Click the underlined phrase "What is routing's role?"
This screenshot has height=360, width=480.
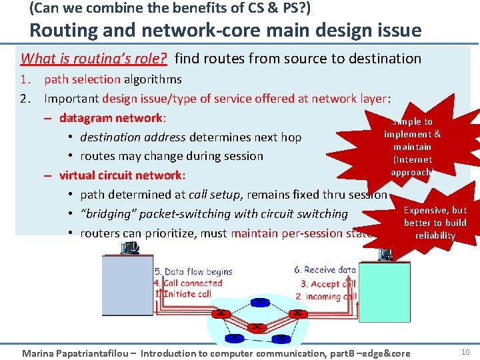(94, 58)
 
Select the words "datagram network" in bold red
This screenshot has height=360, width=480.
(111, 118)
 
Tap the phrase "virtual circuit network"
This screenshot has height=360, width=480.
(121, 175)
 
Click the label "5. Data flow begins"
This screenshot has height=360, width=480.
(193, 271)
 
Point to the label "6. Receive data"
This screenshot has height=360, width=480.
(325, 270)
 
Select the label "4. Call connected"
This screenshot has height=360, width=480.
(188, 283)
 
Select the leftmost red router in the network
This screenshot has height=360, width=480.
(222, 313)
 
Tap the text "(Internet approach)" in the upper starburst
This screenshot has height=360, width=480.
(412, 166)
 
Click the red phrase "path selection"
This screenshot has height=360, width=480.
(82, 79)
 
